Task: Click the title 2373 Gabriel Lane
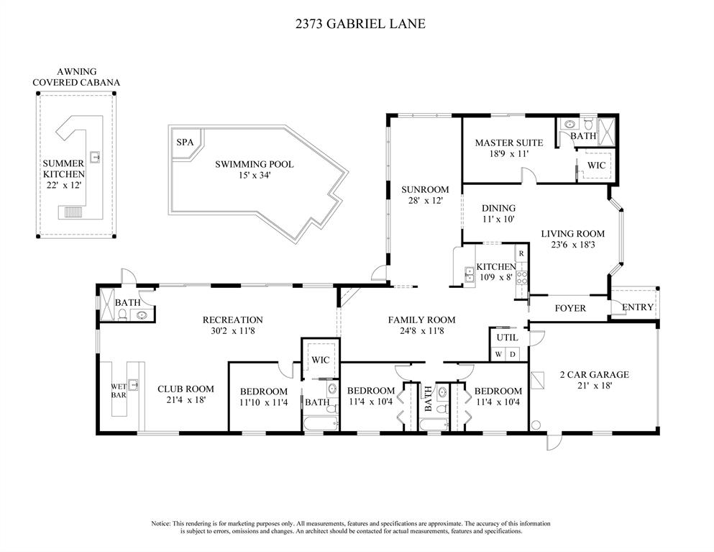360,24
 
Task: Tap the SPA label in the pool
185,142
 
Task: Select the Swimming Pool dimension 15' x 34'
255,175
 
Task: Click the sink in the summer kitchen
96,157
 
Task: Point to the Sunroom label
425,189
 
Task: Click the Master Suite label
509,142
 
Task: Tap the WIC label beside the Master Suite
596,165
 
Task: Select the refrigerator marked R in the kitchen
521,253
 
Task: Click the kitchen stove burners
521,278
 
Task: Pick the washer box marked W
499,354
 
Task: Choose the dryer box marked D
513,354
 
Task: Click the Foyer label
570,309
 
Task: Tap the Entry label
638,307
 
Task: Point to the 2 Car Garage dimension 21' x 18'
594,386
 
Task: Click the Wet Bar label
119,391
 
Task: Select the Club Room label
186,389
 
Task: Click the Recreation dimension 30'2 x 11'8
233,331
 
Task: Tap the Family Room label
421,320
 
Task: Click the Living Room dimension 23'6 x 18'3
573,245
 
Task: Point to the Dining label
498,208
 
